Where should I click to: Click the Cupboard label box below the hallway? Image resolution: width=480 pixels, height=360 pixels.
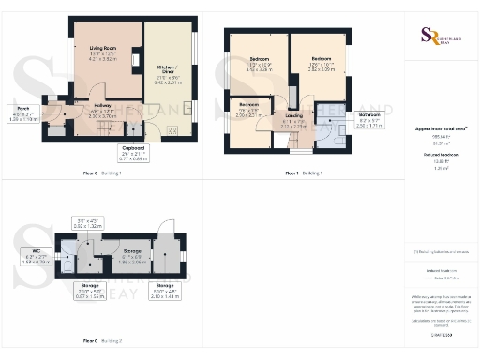[135, 153]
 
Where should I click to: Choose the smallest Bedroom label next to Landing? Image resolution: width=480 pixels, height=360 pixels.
[248, 108]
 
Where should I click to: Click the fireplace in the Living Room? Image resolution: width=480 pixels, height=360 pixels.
[136, 64]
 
